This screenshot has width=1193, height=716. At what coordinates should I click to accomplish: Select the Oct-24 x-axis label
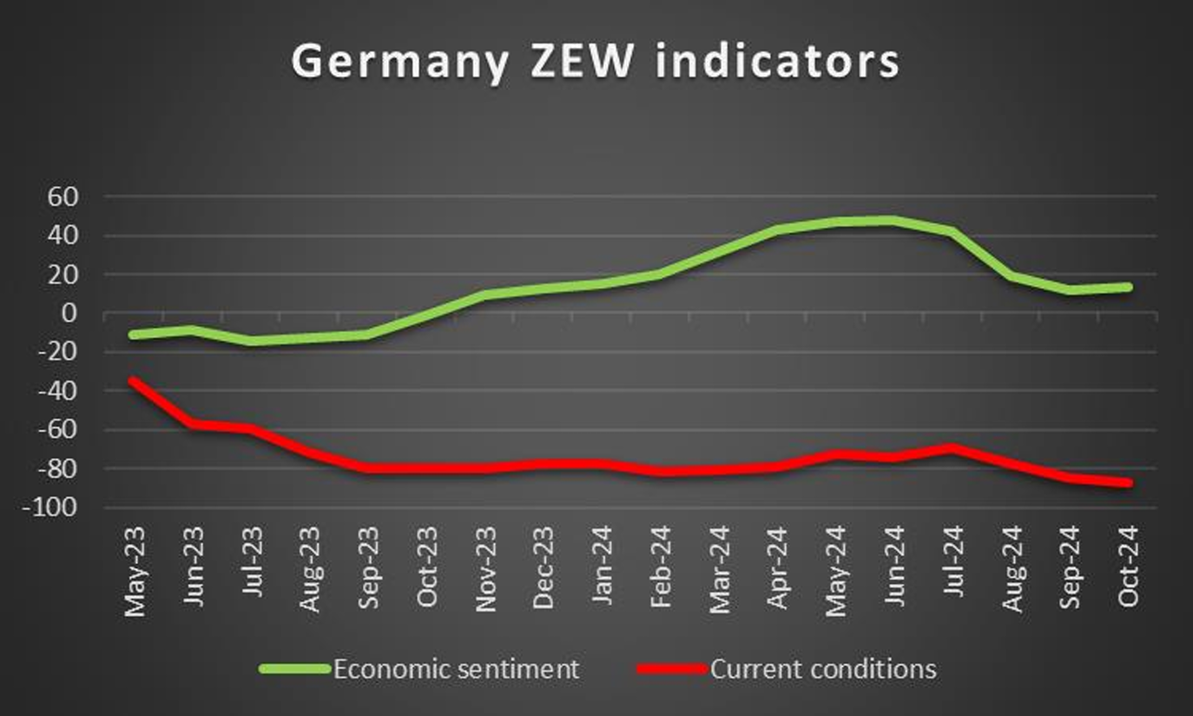click(1129, 570)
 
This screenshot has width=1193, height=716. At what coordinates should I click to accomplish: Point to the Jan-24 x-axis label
click(602, 570)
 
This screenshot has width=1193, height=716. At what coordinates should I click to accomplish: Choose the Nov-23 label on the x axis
click(485, 570)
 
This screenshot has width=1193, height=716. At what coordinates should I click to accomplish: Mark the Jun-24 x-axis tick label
click(894, 570)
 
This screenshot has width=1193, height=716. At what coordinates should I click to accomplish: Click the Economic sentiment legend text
click(456, 669)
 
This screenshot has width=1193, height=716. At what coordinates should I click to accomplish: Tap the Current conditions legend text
click(823, 669)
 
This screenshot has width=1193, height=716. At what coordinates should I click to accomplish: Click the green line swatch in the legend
click(295, 669)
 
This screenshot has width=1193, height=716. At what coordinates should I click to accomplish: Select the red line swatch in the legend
click(673, 669)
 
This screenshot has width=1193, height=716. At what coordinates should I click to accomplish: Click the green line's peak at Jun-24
click(894, 221)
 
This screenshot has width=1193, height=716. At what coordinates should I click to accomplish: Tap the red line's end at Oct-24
click(1129, 483)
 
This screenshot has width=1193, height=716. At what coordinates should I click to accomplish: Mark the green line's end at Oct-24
click(1129, 287)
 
